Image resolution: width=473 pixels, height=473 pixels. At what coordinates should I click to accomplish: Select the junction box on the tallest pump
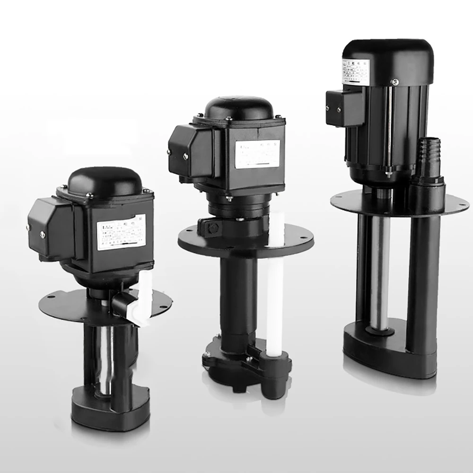coord(344,108)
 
